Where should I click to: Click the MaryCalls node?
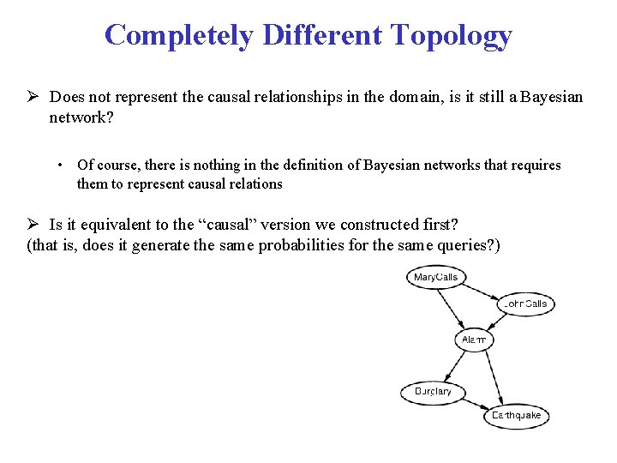click(x=436, y=277)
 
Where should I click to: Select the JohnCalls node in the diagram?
click(x=526, y=304)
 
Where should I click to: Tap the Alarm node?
click(x=474, y=340)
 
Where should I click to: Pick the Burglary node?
click(x=433, y=392)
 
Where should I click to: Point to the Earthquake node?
click(x=516, y=416)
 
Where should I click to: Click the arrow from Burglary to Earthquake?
click(x=471, y=403)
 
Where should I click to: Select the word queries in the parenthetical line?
click(x=466, y=246)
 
